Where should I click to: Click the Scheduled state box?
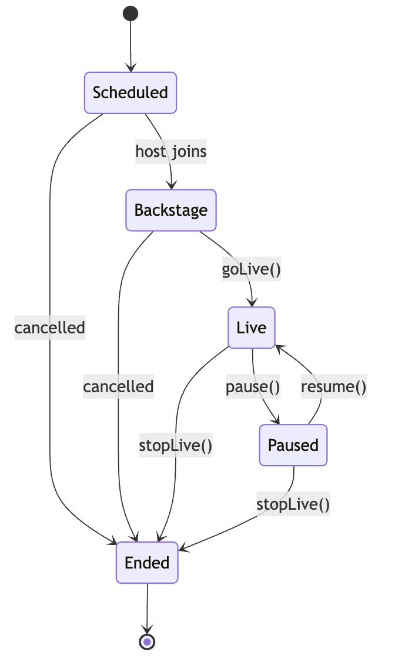[x=130, y=92]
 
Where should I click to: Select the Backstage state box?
[x=171, y=210]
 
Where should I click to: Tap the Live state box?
[x=252, y=327]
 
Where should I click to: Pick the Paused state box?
[x=293, y=445]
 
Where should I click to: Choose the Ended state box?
[x=147, y=563]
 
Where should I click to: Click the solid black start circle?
[x=130, y=13]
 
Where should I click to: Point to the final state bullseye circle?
[x=147, y=641]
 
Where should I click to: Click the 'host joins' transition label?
[x=171, y=151]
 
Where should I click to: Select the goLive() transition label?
[x=251, y=269]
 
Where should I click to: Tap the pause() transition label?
[x=253, y=386]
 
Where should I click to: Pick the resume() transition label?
[x=333, y=386]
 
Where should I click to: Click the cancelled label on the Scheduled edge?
[x=50, y=327]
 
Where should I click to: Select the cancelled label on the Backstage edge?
[x=118, y=386]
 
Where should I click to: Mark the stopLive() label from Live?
[x=176, y=445]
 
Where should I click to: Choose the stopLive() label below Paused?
[x=293, y=504]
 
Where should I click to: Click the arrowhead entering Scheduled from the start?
[x=130, y=68]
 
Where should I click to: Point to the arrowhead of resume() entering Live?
[x=279, y=348]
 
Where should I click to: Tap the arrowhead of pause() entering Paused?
[x=276, y=420]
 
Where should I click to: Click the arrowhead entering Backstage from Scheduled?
[x=171, y=185]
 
